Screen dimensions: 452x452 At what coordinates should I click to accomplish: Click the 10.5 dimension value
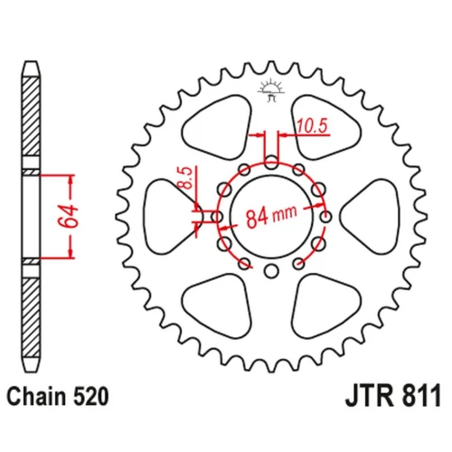(312, 126)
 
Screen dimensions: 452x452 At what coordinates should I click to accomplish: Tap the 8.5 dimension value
(186, 177)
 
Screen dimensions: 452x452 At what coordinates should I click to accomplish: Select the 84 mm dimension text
(271, 215)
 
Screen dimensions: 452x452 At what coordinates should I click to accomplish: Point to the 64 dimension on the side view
(68, 216)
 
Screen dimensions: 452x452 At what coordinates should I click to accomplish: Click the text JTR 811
(392, 395)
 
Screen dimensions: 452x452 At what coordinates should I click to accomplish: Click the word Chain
(36, 396)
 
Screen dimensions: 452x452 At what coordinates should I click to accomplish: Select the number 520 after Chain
(90, 396)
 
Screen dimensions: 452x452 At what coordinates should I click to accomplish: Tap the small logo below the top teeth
(270, 89)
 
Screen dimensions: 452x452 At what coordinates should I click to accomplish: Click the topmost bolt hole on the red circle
(271, 162)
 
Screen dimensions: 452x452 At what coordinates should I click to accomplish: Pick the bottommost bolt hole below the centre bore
(271, 270)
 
